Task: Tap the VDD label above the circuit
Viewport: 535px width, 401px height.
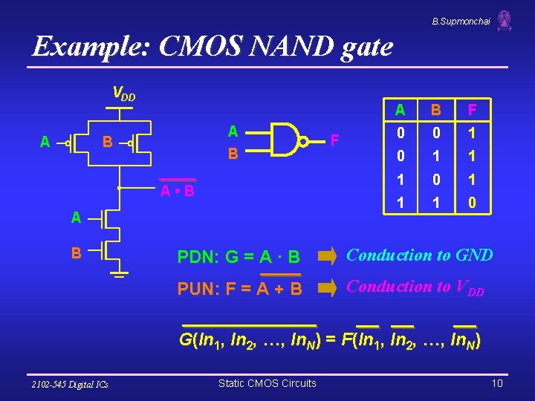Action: tap(123, 94)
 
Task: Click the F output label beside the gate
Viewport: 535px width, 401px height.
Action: tap(335, 140)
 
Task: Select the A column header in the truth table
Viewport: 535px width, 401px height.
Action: tap(400, 111)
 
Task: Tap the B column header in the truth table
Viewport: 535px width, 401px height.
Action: tap(437, 111)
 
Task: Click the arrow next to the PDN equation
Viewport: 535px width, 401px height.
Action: tap(327, 257)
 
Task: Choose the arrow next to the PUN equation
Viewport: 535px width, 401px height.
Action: tap(327, 288)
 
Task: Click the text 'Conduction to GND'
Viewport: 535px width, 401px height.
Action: tap(420, 255)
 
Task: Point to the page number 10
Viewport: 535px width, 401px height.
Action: tap(497, 383)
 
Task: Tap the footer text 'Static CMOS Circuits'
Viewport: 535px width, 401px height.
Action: tap(267, 383)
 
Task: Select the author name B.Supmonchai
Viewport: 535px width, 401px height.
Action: tap(461, 22)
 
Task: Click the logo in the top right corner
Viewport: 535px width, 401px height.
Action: tap(505, 20)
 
